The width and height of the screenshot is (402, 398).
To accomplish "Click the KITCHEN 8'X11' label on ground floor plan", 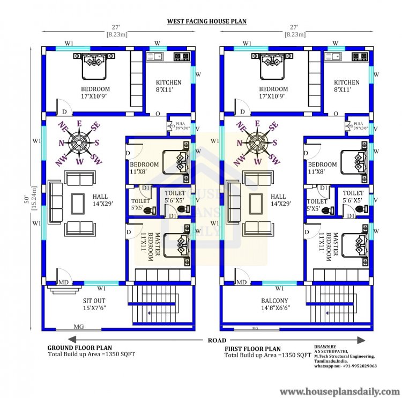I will click(168, 86).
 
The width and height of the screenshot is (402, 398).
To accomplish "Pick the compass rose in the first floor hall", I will click(258, 142).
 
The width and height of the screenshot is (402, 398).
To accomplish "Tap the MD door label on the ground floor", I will click(63, 282).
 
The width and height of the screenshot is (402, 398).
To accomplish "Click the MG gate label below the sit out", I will click(78, 327).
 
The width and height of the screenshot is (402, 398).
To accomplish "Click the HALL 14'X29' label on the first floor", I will click(278, 200).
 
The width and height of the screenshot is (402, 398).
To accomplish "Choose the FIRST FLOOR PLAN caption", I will click(252, 349).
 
